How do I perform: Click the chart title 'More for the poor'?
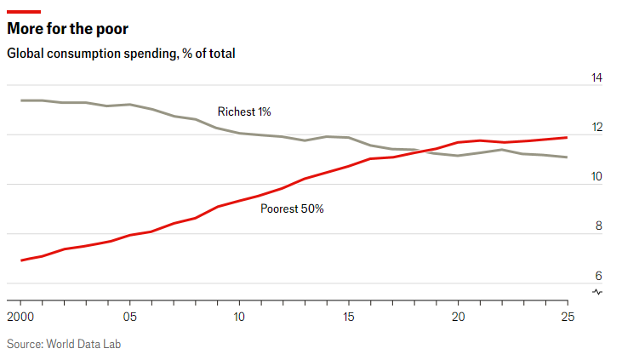[x=68, y=30]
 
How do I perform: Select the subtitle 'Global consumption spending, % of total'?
[x=121, y=54]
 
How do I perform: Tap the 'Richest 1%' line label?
[x=244, y=111]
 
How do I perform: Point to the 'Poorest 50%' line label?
[x=292, y=209]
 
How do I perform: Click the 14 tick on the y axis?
[x=596, y=78]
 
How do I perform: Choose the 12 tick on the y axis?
[x=596, y=128]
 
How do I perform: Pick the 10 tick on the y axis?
[x=596, y=177]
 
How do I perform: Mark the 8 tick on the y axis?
[x=598, y=226]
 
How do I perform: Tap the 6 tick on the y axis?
[x=598, y=276]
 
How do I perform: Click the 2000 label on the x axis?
[x=20, y=317]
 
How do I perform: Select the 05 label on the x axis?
[x=129, y=317]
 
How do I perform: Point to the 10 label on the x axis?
[x=239, y=317]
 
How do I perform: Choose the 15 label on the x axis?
[x=348, y=317]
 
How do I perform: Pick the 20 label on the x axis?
[x=458, y=317]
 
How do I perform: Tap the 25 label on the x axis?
[x=567, y=317]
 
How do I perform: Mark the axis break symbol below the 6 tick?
[x=597, y=292]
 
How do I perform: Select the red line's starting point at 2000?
[x=20, y=260]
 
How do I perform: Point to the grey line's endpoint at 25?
[x=567, y=157]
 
